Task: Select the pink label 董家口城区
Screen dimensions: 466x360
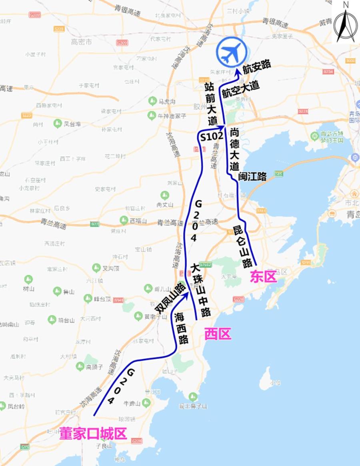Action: pos(93,434)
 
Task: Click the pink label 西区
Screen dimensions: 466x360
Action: pos(218,334)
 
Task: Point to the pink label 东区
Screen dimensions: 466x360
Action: pos(263,277)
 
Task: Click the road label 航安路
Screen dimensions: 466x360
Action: pos(256,65)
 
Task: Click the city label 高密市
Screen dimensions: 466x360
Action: pos(81,42)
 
